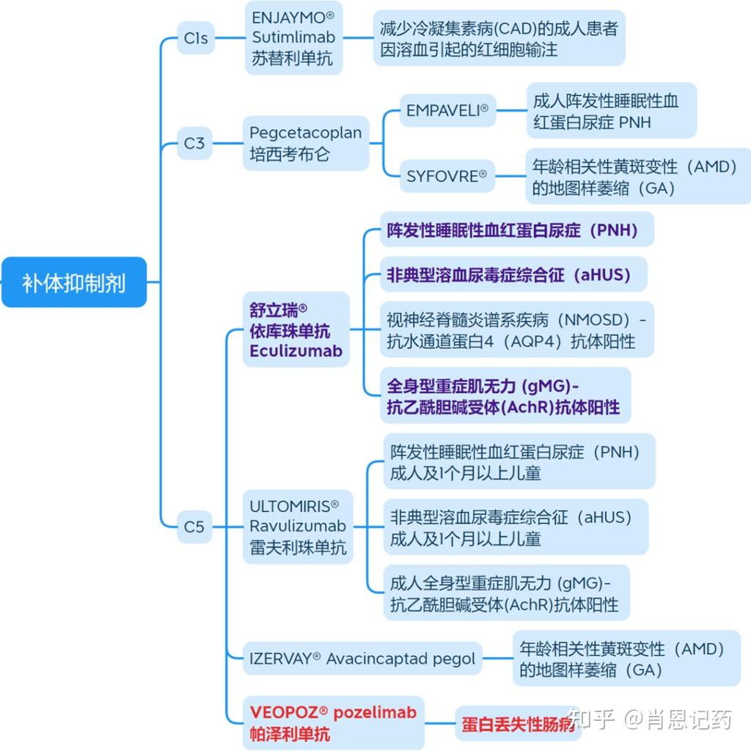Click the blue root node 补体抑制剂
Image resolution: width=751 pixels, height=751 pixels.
pyautogui.click(x=74, y=282)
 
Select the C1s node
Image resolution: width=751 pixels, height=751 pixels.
pyautogui.click(x=196, y=38)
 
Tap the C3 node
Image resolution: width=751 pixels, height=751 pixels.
pyautogui.click(x=194, y=143)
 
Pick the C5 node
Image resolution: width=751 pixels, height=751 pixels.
pyautogui.click(x=194, y=526)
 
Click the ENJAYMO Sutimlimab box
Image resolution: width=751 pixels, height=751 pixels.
pyautogui.click(x=293, y=37)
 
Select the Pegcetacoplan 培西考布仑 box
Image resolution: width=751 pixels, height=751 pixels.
pyautogui.click(x=306, y=144)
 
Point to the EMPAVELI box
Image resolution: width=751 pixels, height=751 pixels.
pyautogui.click(x=447, y=111)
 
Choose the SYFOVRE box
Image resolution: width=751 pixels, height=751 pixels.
pyautogui.click(x=447, y=176)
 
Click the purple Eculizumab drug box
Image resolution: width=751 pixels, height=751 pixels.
pyautogui.click(x=296, y=330)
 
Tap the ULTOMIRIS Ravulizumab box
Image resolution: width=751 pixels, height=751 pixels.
pyautogui.click(x=298, y=526)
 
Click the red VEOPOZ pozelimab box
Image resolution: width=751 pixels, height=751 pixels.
pyautogui.click(x=333, y=722)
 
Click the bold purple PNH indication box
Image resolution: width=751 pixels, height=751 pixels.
pyautogui.click(x=513, y=230)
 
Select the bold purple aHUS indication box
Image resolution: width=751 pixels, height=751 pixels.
pyautogui.click(x=508, y=275)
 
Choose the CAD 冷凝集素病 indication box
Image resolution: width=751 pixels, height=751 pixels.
pyautogui.click(x=499, y=38)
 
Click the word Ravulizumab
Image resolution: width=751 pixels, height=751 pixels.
pyautogui.click(x=298, y=526)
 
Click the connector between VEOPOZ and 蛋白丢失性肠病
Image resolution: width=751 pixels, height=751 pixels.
pyautogui.click(x=440, y=723)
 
